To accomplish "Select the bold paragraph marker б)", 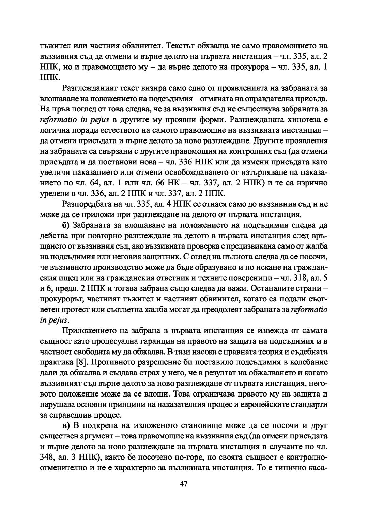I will (66, 225).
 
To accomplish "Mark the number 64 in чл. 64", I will (94, 183).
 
